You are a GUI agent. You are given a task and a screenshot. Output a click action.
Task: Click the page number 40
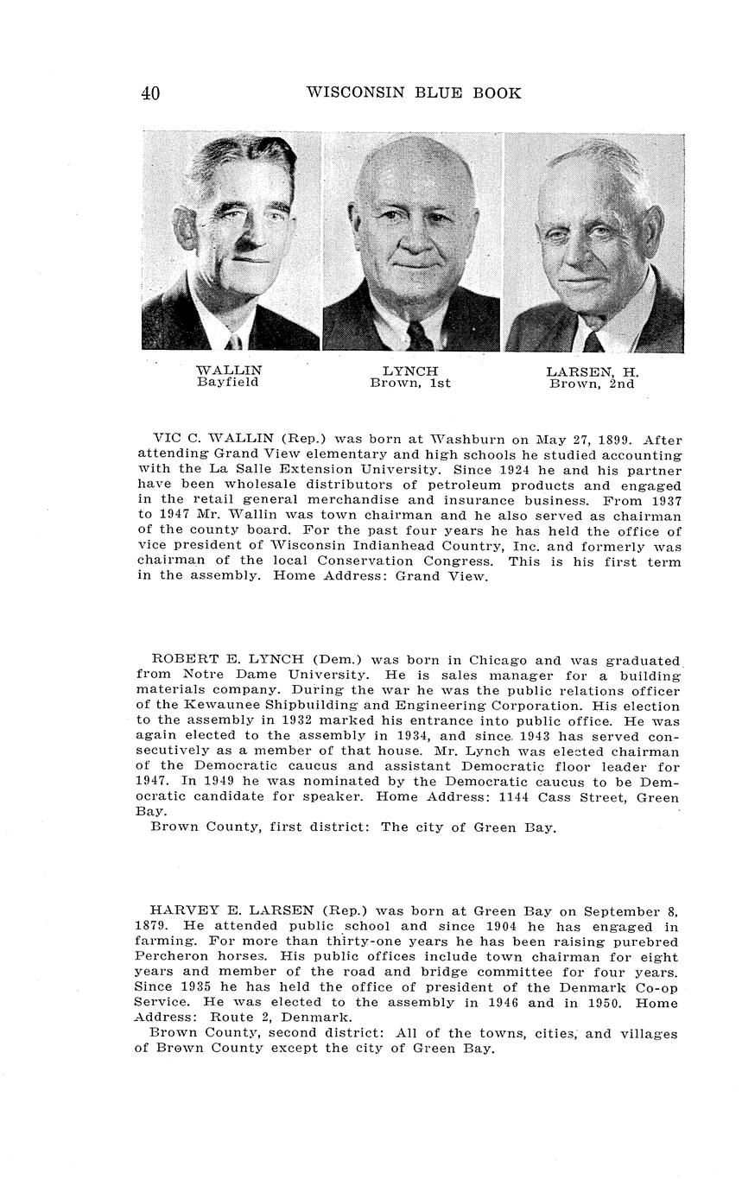pyautogui.click(x=150, y=94)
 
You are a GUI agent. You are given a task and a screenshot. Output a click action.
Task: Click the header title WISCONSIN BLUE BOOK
pyautogui.click(x=414, y=93)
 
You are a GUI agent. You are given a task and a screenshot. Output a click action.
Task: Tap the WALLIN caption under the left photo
pyautogui.click(x=229, y=371)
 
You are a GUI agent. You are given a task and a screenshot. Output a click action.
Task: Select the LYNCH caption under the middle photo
pyautogui.click(x=410, y=371)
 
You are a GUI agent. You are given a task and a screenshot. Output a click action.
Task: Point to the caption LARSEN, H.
pyautogui.click(x=593, y=372)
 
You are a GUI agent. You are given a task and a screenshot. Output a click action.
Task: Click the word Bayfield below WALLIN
pyautogui.click(x=227, y=383)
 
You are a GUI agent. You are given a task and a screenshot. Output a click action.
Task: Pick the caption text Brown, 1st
pyautogui.click(x=410, y=384)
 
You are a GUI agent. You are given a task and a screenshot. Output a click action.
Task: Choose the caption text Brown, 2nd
pyautogui.click(x=592, y=384)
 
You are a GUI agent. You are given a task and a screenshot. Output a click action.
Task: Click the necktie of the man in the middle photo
pyautogui.click(x=419, y=335)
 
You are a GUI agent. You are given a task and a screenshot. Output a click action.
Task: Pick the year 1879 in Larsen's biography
pyautogui.click(x=151, y=926)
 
